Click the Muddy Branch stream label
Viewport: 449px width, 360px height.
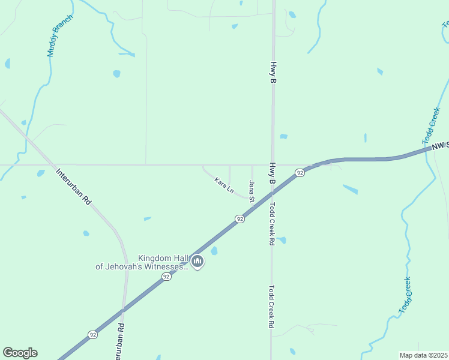coord(60,36)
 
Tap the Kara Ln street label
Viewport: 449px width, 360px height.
coord(224,185)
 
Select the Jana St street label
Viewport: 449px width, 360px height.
coord(252,191)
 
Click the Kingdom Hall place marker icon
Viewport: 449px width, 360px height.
coord(197,262)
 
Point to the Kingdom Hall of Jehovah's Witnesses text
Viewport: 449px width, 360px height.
coord(143,262)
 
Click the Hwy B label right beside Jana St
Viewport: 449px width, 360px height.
coord(272,173)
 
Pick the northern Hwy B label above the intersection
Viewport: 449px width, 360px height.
coord(273,72)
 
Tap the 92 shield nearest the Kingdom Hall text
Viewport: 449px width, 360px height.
coord(166,277)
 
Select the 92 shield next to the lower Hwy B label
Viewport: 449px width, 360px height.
coord(299,173)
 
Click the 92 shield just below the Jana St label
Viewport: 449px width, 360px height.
coord(240,219)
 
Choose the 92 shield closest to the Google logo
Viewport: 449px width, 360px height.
coord(92,335)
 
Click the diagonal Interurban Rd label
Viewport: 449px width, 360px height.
coord(73,187)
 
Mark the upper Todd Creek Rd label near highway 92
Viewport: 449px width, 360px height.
coord(272,224)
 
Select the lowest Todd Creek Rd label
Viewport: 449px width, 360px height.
coord(271,305)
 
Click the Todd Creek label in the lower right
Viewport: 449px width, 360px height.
coord(406,295)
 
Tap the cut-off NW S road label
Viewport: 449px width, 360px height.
coord(439,145)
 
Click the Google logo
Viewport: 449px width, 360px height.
coord(20,353)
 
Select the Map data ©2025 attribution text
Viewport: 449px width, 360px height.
coord(423,355)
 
